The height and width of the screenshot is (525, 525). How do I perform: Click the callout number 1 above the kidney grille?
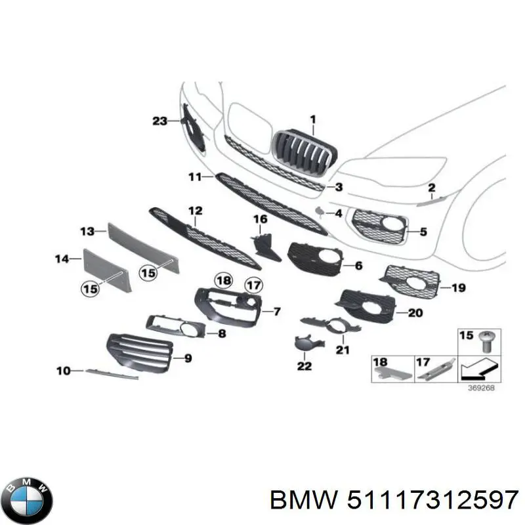tap(313, 119)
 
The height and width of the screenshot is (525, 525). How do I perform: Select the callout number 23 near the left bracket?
tap(159, 120)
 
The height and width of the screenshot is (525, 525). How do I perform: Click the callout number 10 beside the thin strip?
tap(63, 371)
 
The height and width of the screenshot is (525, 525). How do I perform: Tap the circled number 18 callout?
tap(224, 281)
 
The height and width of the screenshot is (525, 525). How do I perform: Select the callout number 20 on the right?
tap(415, 313)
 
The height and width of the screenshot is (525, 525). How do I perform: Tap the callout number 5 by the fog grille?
tap(423, 232)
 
